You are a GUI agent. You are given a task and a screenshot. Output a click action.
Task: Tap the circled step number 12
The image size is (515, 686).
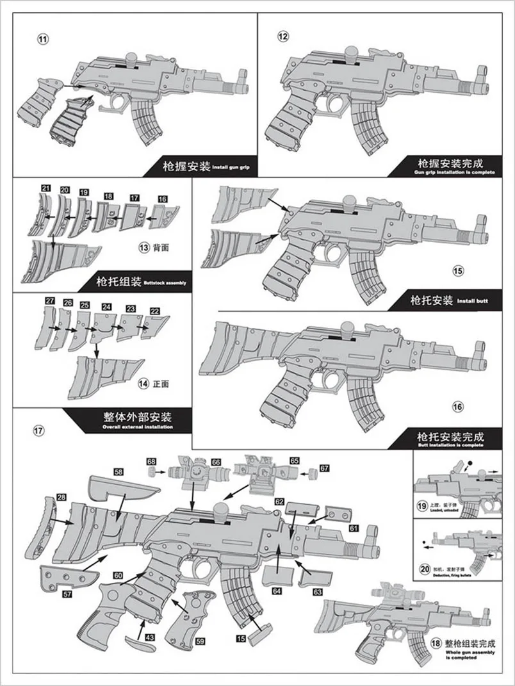pos(283,36)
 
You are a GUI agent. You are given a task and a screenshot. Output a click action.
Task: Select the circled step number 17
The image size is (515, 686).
pos(38,430)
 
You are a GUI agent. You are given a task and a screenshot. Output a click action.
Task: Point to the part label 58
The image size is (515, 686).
pos(119,471)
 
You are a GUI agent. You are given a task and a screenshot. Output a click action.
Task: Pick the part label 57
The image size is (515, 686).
pos(49,594)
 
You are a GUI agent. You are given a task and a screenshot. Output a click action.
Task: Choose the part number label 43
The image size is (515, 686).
pos(149,638)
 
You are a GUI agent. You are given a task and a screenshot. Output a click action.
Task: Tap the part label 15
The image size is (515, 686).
pos(241,638)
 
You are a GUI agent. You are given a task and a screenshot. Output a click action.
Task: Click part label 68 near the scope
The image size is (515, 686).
pos(151,461)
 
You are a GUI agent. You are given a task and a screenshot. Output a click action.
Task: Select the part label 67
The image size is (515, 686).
pos(324,468)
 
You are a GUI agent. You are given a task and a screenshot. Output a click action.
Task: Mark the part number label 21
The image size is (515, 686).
pos(45,188)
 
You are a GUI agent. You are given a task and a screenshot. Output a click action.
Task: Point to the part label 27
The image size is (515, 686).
pos(50,300)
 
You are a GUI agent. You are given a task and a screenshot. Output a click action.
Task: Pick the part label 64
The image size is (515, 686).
pos(277,591)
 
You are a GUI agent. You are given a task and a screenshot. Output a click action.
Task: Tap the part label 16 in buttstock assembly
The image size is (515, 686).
pos(163,199)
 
